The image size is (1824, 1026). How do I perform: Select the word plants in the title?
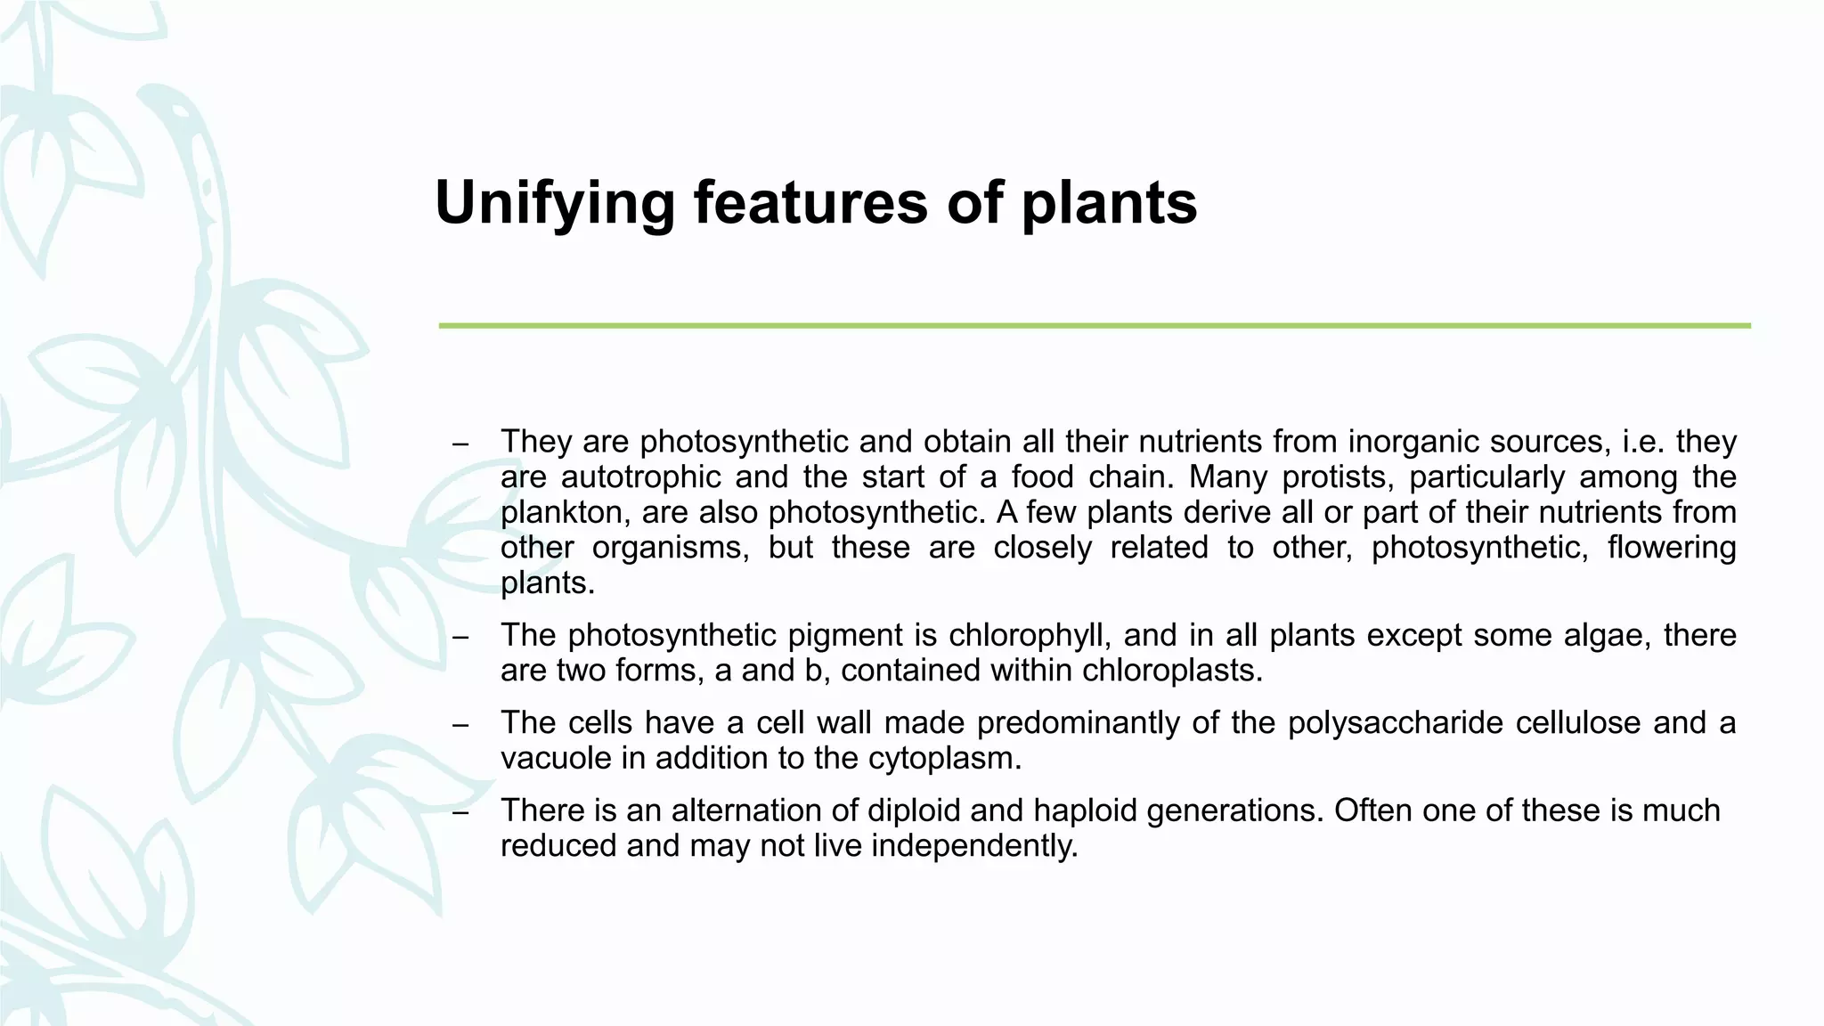[x=1109, y=204]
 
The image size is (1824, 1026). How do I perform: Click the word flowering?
[x=1672, y=548]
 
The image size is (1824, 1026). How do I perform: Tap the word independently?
[x=974, y=845]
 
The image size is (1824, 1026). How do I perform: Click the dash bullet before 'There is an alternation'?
[x=460, y=812]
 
